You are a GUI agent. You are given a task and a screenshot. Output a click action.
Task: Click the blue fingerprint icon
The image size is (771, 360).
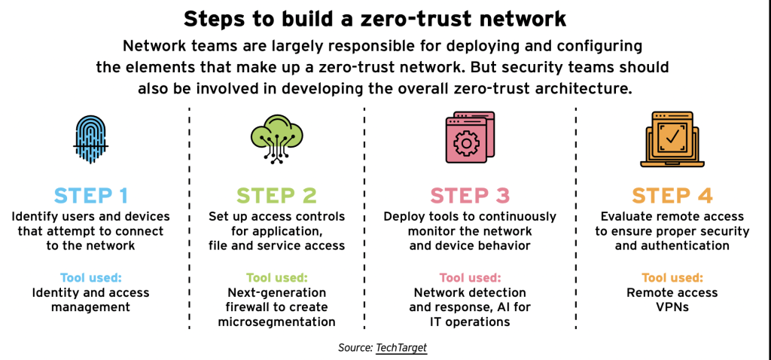click(x=90, y=139)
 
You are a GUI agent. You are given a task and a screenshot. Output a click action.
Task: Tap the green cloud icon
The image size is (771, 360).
click(x=277, y=137)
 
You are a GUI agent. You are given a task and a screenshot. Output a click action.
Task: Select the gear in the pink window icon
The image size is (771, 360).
click(x=463, y=142)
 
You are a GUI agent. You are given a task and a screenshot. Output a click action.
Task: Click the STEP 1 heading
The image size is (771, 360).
click(x=91, y=196)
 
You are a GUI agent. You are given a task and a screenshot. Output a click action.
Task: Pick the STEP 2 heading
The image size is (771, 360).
click(x=277, y=196)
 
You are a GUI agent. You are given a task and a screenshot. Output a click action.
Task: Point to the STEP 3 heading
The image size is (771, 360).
click(x=470, y=196)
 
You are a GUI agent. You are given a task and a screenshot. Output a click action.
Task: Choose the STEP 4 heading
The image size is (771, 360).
click(x=672, y=196)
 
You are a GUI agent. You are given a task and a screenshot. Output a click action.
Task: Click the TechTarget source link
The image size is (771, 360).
click(x=401, y=348)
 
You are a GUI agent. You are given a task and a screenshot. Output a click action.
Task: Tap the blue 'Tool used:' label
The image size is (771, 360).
click(x=91, y=278)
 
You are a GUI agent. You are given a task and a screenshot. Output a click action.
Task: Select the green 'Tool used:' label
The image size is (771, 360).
click(x=277, y=278)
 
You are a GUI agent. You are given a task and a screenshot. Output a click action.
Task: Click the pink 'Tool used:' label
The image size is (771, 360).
click(x=470, y=278)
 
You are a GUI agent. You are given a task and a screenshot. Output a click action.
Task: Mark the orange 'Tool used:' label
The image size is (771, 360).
click(x=672, y=278)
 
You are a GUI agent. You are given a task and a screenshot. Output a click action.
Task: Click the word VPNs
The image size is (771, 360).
click(x=672, y=307)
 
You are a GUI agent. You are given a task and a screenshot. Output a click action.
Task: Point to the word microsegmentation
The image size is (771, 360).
click(x=277, y=322)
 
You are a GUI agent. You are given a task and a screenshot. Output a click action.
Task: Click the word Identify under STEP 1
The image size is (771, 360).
click(x=32, y=217)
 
